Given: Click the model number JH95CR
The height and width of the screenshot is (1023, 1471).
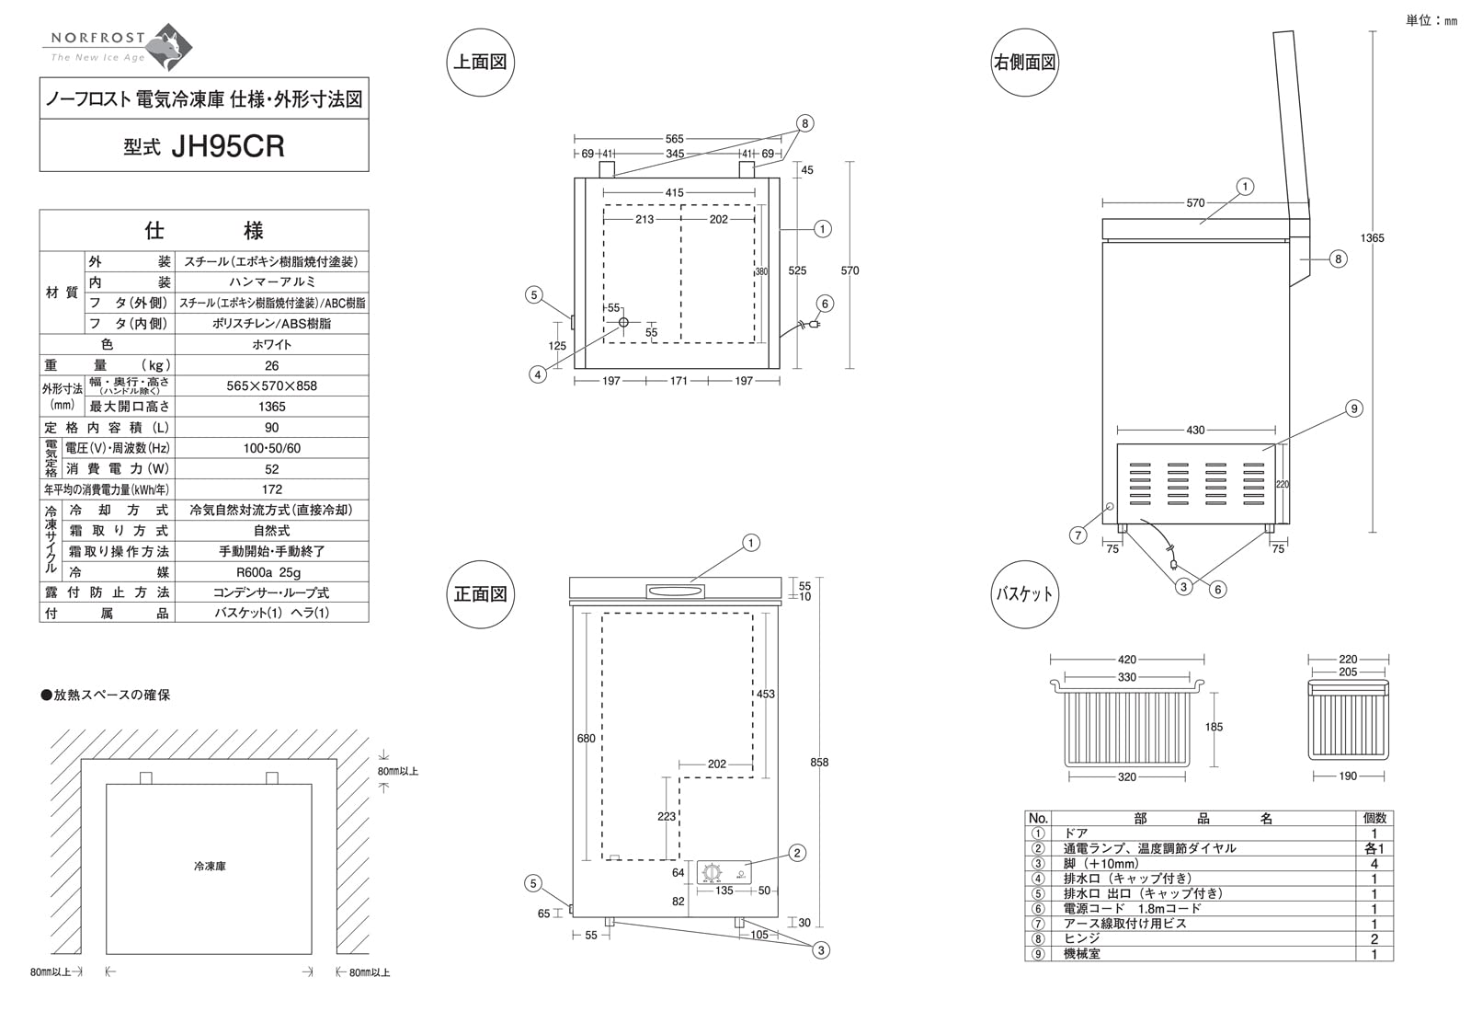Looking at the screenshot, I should pos(227,147).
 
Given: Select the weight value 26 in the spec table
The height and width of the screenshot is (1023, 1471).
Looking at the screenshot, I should pos(271,365).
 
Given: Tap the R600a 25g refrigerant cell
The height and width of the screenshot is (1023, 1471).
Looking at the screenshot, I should pos(271,572).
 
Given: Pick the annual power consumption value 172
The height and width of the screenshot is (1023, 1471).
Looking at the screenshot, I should pos(271,489).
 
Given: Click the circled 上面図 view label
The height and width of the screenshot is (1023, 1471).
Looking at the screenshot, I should pos(479,63).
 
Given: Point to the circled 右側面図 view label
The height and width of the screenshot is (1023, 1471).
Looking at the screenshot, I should pos(1024,63).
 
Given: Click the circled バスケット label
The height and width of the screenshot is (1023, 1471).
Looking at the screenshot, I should pos(1024,594).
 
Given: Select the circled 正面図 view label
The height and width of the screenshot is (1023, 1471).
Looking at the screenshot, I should pos(479,594).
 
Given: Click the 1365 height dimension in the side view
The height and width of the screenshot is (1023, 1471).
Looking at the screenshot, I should pos(1372,238).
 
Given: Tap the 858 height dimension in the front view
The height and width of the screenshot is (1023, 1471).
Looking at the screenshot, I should pos(819,762).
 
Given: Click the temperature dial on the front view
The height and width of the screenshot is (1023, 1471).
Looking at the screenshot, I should pos(711,873).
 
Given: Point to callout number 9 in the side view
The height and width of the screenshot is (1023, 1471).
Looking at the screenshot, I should pos(1353,408).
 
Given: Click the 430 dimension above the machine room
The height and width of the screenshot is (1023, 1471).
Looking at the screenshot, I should pos(1195,430).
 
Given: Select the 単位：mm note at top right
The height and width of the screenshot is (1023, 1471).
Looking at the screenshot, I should pos(1431,20).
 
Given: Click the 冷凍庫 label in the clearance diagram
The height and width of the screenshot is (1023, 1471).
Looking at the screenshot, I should pos(210,867).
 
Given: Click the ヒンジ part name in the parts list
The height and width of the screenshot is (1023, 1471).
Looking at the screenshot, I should pos(1081,938).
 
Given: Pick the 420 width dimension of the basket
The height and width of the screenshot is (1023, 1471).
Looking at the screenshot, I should pos(1127,660).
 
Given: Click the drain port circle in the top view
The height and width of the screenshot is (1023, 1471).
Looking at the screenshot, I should pos(623,322).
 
